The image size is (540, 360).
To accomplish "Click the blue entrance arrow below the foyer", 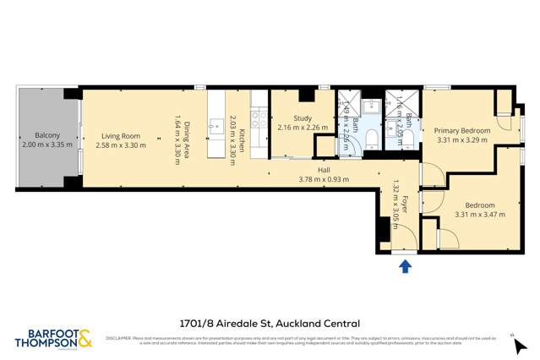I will click(405, 267).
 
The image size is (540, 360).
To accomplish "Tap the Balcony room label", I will click(46, 135).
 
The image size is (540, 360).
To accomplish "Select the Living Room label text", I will click(120, 135).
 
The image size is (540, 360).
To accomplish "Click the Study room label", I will click(303, 118).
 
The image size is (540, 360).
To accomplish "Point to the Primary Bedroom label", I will click(462, 131).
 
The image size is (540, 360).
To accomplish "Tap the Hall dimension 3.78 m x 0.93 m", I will click(324, 179).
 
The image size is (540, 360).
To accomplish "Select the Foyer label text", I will click(405, 203).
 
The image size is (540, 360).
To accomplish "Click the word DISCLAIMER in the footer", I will click(118, 338).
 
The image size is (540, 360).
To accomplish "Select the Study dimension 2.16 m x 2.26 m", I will click(303, 128).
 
